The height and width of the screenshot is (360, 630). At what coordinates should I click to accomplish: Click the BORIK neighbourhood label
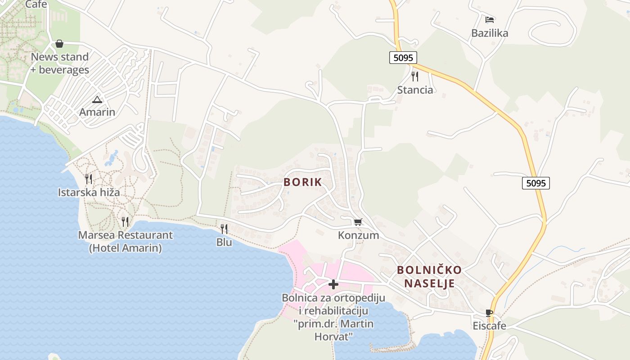302,182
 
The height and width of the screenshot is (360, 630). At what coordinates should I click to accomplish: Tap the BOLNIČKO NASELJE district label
429,276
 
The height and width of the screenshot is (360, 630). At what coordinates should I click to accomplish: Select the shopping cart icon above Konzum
358,222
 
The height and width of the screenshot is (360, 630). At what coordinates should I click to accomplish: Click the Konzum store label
358,235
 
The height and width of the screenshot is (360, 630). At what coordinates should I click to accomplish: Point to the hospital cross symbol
333,284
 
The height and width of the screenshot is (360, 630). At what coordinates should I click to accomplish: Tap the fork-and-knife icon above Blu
224,229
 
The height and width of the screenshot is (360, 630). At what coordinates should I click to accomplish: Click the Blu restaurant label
224,242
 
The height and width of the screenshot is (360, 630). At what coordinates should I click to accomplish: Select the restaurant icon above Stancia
415,76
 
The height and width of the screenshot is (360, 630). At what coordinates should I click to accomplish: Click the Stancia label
415,90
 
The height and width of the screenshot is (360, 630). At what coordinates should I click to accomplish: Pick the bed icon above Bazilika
490,19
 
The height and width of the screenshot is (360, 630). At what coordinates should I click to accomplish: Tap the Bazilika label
490,33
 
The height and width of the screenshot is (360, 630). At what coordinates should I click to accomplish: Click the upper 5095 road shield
403,58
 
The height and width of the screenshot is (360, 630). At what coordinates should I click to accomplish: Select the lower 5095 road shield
536,183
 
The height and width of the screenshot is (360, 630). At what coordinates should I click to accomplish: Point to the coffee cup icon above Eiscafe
489,313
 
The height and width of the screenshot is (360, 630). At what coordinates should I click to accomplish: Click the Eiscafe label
489,326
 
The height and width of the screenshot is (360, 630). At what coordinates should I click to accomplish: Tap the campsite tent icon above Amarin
97,99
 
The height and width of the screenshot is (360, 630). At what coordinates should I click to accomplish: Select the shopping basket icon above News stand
59,44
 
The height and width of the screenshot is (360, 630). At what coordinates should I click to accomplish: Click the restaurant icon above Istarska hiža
89,179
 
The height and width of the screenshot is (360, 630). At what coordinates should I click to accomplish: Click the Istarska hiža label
89,193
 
